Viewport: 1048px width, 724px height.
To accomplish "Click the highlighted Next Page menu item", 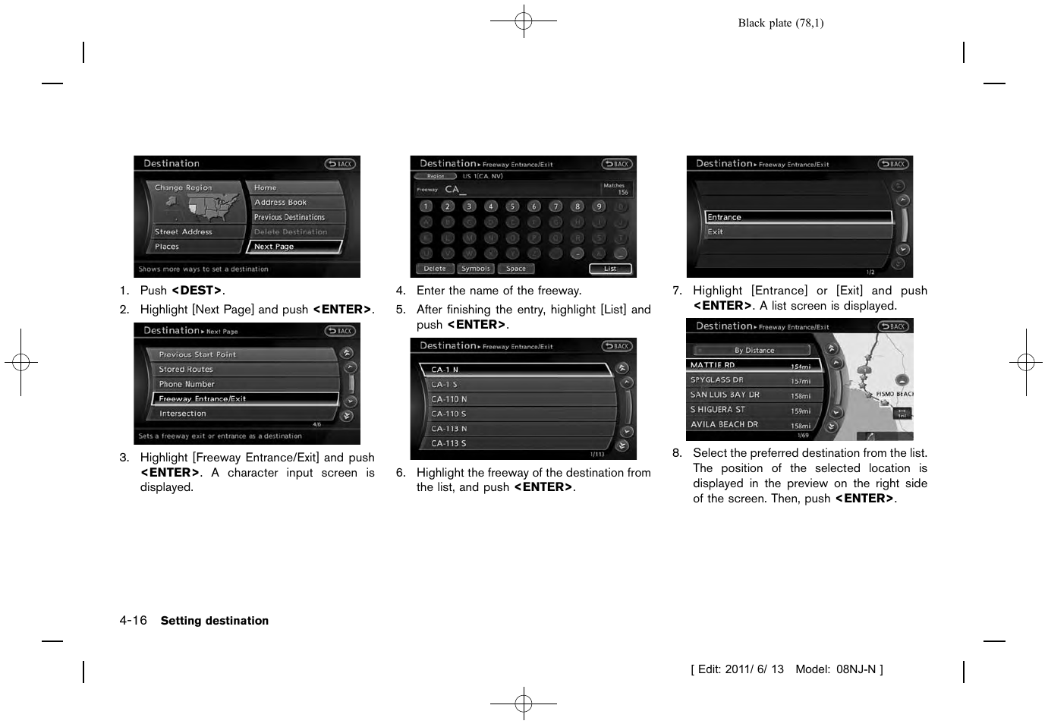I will click(x=294, y=247).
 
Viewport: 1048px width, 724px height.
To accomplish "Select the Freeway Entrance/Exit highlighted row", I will click(x=244, y=398).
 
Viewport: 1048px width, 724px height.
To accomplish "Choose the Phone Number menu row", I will click(x=244, y=384).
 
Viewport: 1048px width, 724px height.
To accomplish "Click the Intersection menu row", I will click(x=244, y=414).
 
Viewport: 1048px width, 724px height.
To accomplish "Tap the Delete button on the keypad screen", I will click(x=435, y=269).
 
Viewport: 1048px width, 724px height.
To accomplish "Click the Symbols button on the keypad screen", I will click(x=476, y=269).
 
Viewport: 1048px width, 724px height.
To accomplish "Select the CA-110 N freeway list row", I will click(x=516, y=399).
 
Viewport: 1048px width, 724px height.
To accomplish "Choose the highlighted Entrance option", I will click(x=798, y=217).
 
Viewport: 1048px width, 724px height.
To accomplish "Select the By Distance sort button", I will click(x=754, y=350).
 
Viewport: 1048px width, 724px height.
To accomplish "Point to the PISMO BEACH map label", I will click(x=894, y=394).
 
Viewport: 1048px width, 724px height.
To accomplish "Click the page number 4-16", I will click(x=133, y=621).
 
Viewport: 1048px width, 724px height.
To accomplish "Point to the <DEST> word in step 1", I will click(x=197, y=291).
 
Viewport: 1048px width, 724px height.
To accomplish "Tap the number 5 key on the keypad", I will click(x=512, y=206).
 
